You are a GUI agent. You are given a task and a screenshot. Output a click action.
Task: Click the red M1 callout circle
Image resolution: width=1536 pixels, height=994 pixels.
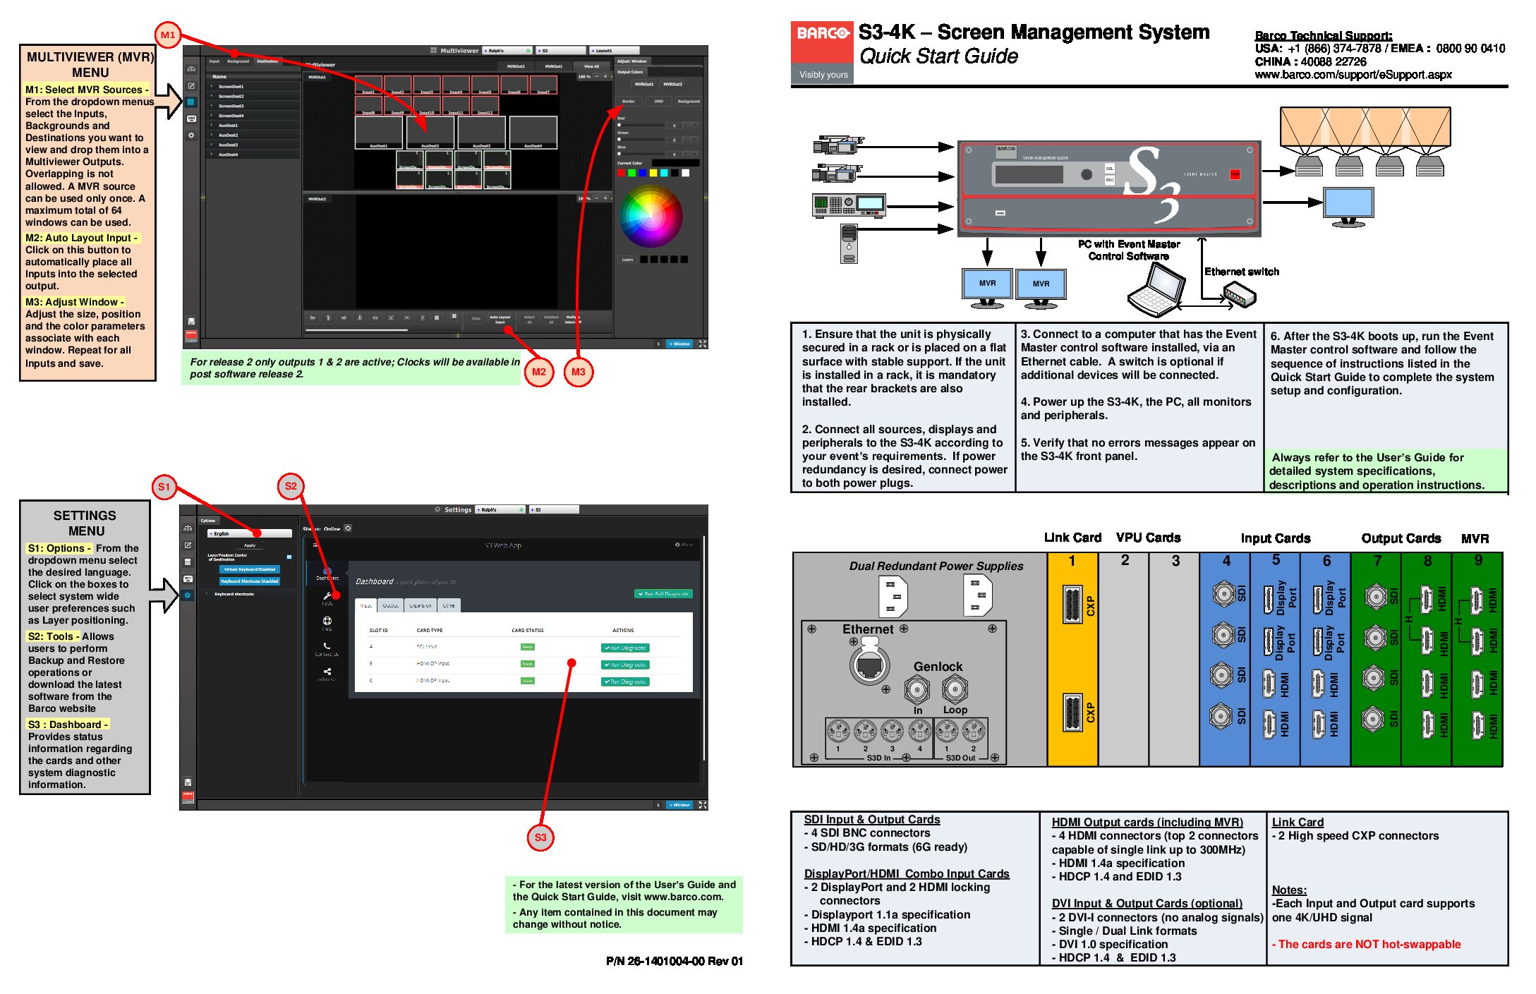click(168, 35)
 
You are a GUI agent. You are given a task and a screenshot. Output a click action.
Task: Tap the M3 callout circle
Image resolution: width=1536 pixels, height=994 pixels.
click(578, 372)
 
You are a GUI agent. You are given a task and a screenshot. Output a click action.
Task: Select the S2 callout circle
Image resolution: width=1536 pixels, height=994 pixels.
click(291, 486)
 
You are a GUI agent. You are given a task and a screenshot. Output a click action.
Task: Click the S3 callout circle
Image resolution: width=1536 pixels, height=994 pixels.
click(540, 837)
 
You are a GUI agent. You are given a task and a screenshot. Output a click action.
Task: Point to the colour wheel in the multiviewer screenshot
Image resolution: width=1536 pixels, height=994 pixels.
click(651, 216)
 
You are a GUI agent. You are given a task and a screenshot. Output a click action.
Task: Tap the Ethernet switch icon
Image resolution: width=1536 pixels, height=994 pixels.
click(1240, 294)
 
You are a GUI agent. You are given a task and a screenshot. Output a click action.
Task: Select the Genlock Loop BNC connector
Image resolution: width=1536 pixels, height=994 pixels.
click(955, 688)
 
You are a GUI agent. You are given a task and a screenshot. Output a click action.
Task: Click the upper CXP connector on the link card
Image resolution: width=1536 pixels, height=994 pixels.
click(1072, 605)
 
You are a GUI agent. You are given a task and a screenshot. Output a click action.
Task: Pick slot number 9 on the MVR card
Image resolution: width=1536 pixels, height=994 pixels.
click(1478, 560)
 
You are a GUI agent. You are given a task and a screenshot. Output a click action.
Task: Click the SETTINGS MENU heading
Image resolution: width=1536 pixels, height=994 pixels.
click(85, 523)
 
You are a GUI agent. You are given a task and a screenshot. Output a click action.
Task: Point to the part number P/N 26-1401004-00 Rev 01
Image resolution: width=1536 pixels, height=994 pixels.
click(674, 961)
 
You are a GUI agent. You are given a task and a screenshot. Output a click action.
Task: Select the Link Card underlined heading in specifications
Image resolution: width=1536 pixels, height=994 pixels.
click(1298, 822)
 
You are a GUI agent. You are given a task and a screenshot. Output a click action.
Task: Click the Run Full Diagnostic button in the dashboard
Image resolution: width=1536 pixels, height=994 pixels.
click(663, 594)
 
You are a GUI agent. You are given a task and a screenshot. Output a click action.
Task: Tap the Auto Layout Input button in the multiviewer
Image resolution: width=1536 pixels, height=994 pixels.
click(500, 319)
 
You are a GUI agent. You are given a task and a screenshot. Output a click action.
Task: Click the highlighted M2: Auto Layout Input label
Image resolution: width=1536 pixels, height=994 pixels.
click(81, 238)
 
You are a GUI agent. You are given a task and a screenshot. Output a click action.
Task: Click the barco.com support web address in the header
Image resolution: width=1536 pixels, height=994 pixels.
click(1353, 75)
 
